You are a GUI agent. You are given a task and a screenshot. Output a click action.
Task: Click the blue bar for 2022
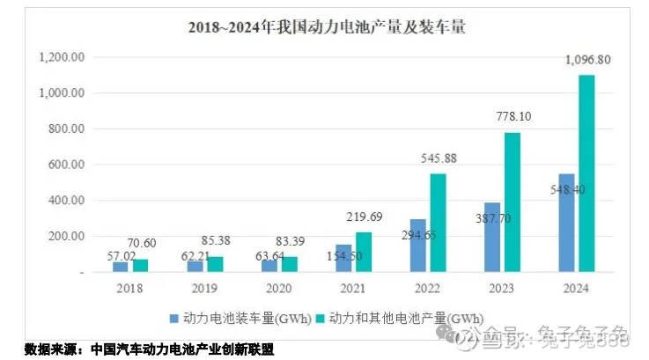(x=417, y=246)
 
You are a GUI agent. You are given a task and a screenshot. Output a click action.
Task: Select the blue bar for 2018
(x=120, y=267)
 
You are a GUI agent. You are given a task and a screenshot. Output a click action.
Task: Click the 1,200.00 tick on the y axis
(x=61, y=57)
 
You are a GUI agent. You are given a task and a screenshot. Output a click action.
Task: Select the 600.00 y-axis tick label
(x=65, y=165)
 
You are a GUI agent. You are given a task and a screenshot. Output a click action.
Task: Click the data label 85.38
(x=218, y=239)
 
